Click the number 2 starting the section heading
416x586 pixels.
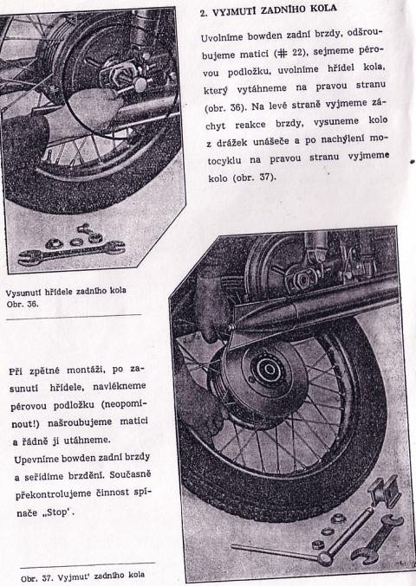point(204,13)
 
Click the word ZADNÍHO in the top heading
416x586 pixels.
point(283,10)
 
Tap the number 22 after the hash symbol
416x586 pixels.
point(296,53)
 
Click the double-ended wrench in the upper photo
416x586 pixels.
point(71,253)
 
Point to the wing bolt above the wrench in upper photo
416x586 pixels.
point(86,229)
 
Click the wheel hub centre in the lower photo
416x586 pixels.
point(270,370)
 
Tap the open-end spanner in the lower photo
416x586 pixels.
point(376,539)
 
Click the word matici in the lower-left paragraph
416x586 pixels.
point(133,422)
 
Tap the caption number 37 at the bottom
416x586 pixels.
point(48,578)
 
